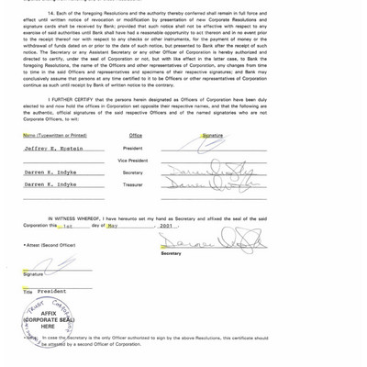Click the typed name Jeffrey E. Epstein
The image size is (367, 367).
pos(53,148)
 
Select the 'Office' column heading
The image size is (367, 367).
pos(136,136)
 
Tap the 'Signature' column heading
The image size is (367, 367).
pos(213,136)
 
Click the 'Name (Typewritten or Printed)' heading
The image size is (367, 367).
pos(55,136)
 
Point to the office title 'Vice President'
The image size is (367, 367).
pos(133,161)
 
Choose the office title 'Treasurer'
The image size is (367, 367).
pos(133,184)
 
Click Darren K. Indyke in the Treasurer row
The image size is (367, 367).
pos(50,184)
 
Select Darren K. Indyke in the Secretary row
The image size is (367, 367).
pos(50,172)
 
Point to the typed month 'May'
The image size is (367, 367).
pos(113,225)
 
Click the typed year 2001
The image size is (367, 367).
pos(165,225)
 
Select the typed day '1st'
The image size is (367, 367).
pos(68,225)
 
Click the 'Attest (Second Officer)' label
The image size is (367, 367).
pos(50,245)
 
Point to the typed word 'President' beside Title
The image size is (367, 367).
pos(51,291)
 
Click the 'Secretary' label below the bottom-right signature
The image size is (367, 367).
pos(171,253)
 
